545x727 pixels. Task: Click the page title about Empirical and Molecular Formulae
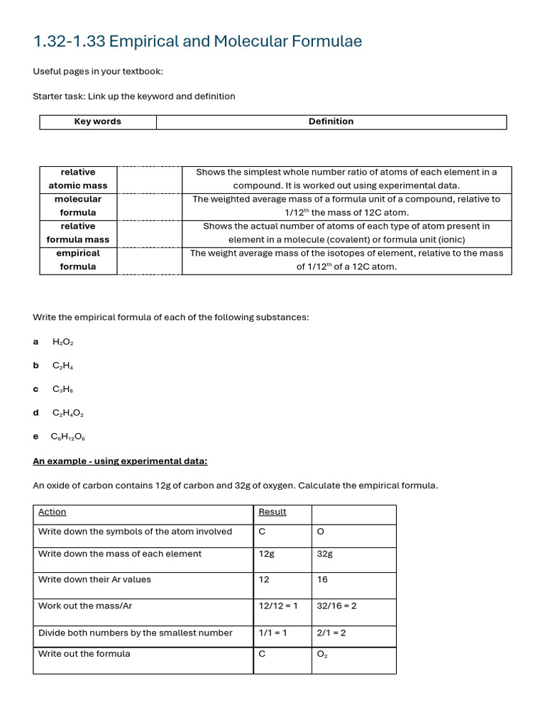pos(197,42)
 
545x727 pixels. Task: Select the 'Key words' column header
pos(98,122)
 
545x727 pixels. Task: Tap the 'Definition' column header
pos(331,122)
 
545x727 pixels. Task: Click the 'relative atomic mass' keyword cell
pos(78,179)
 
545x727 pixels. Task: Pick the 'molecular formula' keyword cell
pos(78,206)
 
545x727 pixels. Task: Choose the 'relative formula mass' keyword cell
pos(78,233)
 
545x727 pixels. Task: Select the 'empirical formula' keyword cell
pos(78,260)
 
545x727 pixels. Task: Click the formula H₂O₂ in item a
pos(63,342)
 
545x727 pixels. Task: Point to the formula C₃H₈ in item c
pos(62,390)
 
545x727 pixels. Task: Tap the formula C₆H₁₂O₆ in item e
pos(68,437)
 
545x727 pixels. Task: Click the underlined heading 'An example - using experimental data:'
pos(120,461)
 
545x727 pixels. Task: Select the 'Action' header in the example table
pos(53,512)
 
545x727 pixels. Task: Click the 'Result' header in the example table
pos(272,512)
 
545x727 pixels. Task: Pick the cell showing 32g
pos(325,554)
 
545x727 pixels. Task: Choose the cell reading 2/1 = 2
pos(331,633)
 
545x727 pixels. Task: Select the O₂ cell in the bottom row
pos(322,655)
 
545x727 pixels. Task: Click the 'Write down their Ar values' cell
pos(94,580)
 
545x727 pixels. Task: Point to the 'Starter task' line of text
pos(134,97)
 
